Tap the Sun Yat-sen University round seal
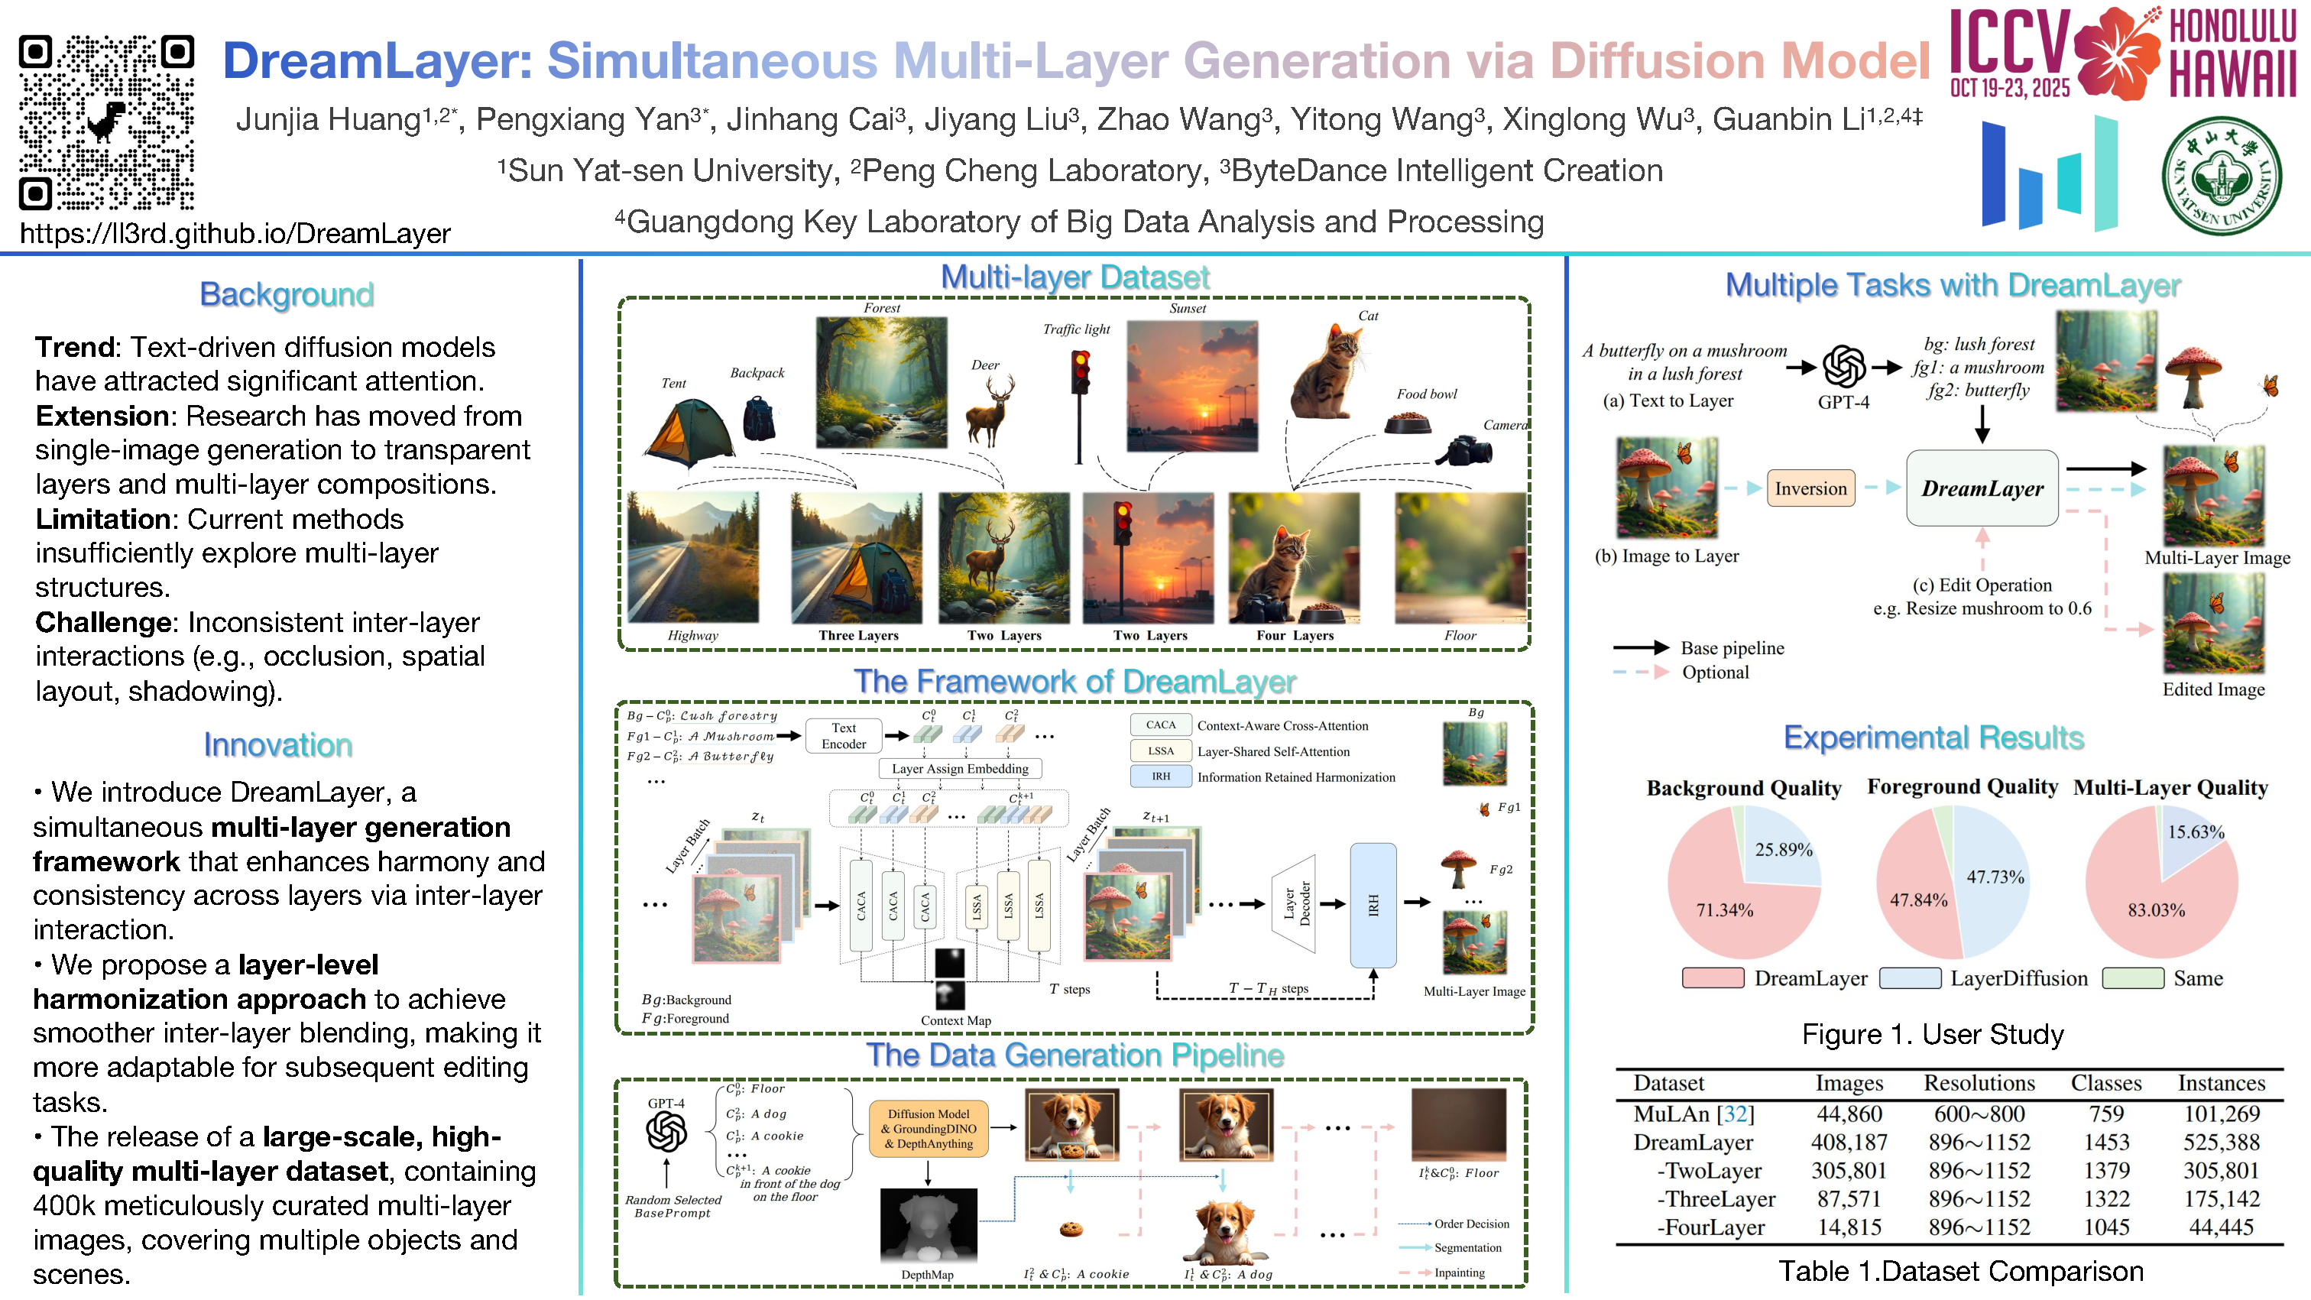tap(2220, 175)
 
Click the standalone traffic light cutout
tap(1080, 404)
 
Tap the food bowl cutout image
tap(1408, 422)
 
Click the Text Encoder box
tap(843, 736)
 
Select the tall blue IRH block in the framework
tap(1373, 904)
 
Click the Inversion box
tap(1810, 488)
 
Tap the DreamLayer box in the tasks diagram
tap(1982, 488)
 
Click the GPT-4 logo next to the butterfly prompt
tap(1843, 366)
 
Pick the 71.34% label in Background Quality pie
tap(1724, 909)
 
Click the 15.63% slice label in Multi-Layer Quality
tap(2196, 832)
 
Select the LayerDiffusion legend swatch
tap(1910, 978)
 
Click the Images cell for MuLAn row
tap(1849, 1114)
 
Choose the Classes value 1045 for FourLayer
tap(2105, 1227)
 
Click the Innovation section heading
tap(278, 744)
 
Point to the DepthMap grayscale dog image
tap(928, 1226)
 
